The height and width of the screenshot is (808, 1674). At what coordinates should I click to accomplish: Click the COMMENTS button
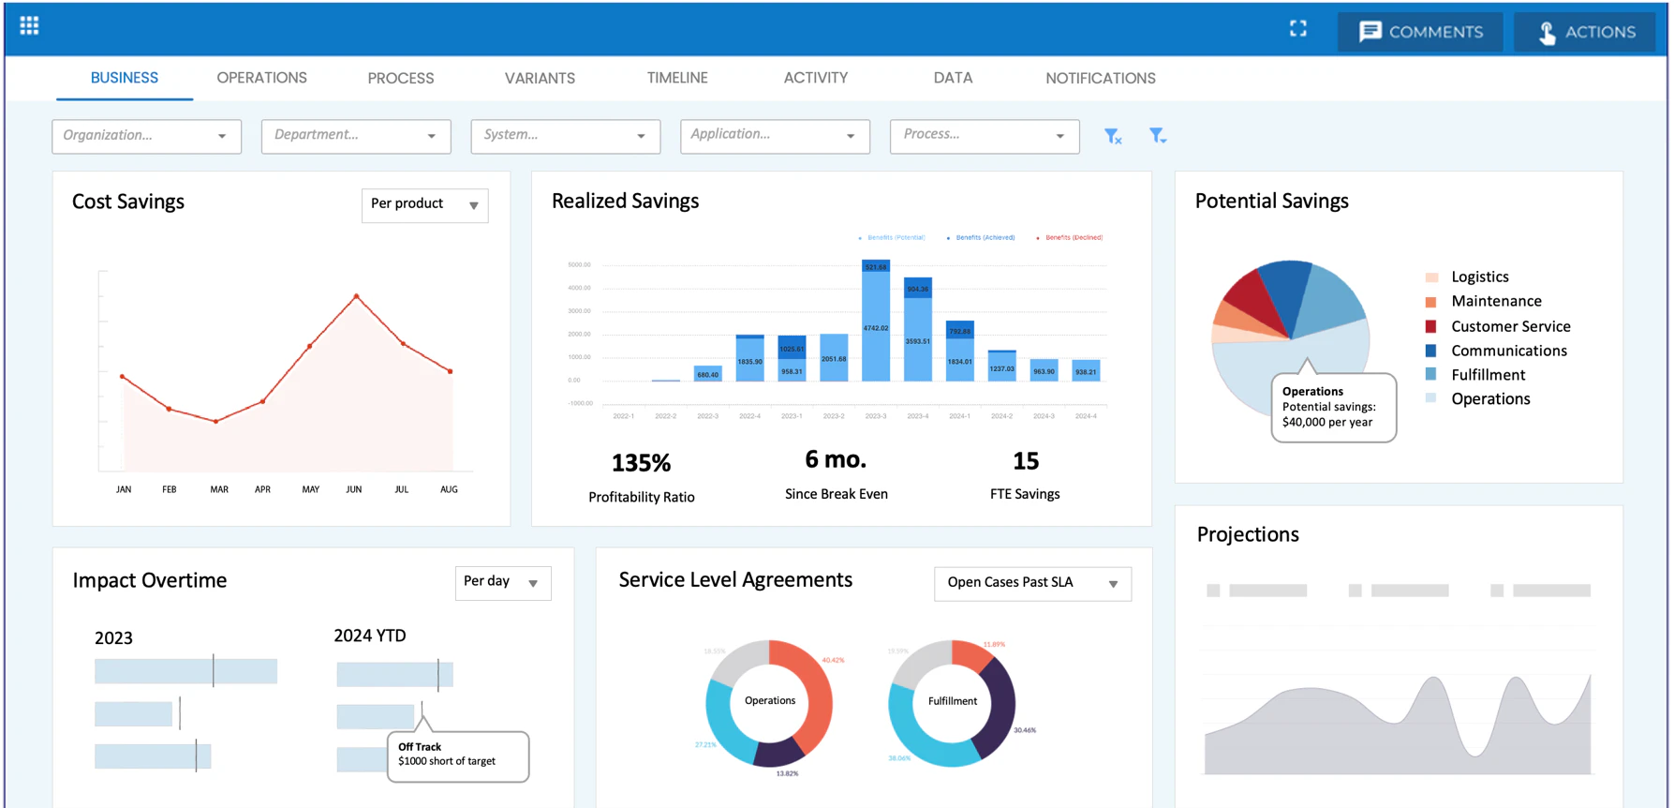coord(1420,32)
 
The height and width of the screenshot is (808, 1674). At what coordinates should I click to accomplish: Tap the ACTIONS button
coord(1585,32)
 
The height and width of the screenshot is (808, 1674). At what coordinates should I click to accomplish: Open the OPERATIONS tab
coord(261,78)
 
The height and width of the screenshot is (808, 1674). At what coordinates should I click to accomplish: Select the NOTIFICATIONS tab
coord(1100,78)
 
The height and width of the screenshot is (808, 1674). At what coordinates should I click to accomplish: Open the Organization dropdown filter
coord(146,136)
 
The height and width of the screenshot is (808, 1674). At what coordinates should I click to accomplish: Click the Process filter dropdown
coord(984,136)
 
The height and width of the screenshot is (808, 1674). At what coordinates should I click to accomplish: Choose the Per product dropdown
coord(424,204)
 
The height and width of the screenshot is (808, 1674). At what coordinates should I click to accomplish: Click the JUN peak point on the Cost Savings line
coord(356,296)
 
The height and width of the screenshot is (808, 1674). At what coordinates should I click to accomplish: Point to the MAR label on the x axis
coord(219,489)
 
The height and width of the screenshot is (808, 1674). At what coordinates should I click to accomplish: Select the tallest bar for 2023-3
coord(876,323)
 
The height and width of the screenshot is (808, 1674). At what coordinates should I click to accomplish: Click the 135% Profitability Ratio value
coord(641,463)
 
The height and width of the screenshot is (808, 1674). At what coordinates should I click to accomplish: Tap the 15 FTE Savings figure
coord(1025,461)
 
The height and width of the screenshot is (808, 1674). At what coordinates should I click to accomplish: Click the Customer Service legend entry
coord(1509,326)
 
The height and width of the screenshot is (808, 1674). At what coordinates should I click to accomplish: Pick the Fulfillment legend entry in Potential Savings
coord(1488,375)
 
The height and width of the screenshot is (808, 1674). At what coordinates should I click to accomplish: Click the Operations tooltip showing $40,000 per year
coord(1332,407)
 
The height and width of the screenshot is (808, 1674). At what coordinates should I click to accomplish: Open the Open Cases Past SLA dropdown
coord(1032,583)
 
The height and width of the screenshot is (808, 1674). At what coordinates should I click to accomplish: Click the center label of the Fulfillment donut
coord(952,701)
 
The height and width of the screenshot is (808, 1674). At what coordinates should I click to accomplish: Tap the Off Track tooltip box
coord(458,755)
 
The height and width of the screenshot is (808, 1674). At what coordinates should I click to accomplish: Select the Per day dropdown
coord(502,582)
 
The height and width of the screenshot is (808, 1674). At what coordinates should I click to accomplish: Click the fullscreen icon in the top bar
coord(1297,29)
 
